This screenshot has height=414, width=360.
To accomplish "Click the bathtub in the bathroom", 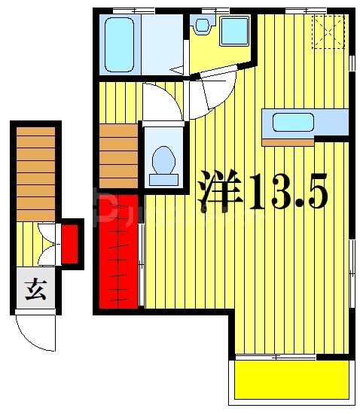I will (118, 44).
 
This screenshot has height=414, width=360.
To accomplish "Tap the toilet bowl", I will (163, 161).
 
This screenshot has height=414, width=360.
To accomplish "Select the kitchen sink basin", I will (293, 121).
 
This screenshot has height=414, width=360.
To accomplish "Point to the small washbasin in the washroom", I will (201, 26).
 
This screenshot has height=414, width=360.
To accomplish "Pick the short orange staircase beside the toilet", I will (118, 154).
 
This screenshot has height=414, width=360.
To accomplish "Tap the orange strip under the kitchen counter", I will (287, 141).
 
